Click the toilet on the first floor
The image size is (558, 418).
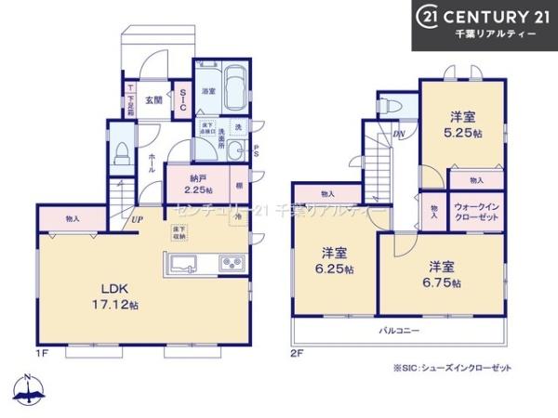pos(120,157)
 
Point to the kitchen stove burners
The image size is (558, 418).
pos(232,265)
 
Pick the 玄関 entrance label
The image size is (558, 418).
pos(153,98)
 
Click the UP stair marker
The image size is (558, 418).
pos(138,219)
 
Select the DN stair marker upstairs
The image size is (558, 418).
pos(399,134)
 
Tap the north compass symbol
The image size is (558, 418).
pos(29,390)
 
